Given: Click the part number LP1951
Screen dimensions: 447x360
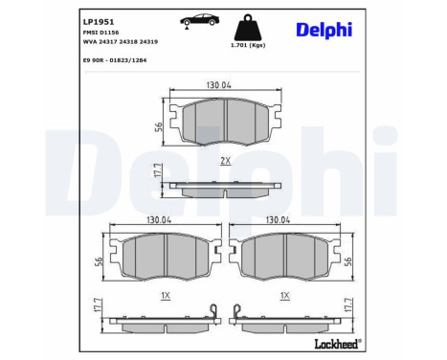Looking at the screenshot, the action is coord(99,22).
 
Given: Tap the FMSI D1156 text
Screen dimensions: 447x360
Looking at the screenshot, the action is coord(101,33).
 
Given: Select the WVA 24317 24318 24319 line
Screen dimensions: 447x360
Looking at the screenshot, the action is coord(121,41).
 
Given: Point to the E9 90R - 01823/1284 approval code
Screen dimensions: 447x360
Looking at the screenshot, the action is coord(115,60).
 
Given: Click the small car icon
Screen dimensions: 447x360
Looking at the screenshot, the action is coord(200,20).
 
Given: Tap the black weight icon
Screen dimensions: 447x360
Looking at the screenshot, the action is coord(248,27).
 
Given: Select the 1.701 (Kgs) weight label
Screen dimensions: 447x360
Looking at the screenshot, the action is coord(248,45).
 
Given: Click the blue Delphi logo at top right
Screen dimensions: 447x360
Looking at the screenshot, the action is coord(324,30).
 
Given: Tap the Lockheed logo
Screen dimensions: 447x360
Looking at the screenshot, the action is coord(338,344).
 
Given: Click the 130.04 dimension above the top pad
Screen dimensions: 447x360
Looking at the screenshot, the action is coord(218,85).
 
